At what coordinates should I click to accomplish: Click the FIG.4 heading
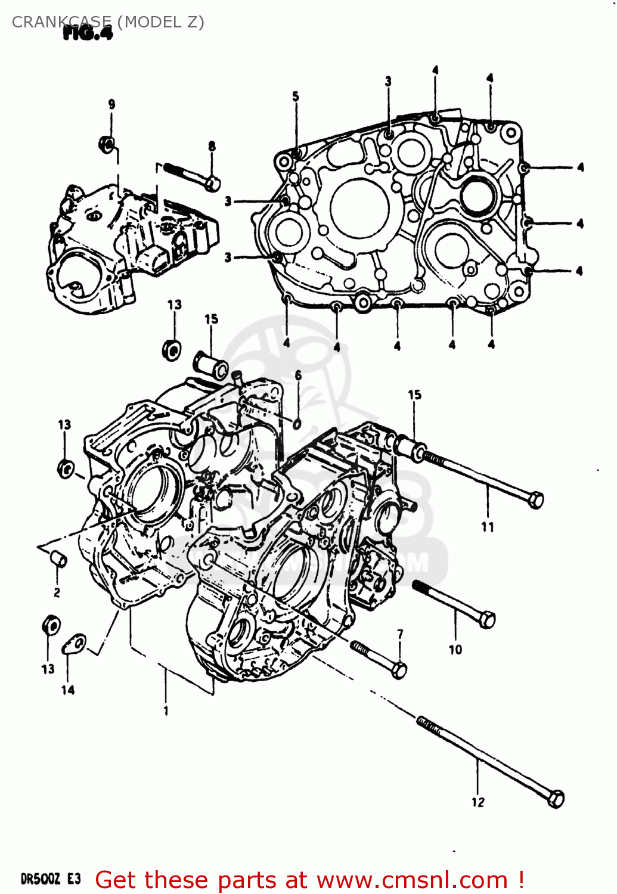[x=88, y=33]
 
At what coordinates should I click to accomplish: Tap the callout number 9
[x=111, y=104]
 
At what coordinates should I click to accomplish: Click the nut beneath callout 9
[x=107, y=144]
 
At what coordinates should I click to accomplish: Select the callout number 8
[x=212, y=147]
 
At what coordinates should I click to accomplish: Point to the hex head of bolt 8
[x=212, y=183]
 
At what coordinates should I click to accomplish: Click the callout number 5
[x=296, y=97]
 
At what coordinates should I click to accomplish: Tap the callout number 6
[x=298, y=375]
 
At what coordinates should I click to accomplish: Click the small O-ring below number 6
[x=297, y=423]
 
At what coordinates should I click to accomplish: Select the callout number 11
[x=488, y=527]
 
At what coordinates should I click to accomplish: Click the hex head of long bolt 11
[x=536, y=499]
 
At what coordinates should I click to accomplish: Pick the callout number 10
[x=455, y=650]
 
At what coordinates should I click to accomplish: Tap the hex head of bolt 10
[x=487, y=620]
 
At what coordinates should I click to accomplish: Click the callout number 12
[x=478, y=802]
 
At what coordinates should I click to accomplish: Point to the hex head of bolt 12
[x=556, y=799]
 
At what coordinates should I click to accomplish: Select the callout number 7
[x=400, y=634]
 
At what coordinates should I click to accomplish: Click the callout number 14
[x=68, y=690]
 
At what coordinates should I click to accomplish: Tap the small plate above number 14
[x=75, y=644]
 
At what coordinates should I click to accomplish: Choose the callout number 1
[x=166, y=710]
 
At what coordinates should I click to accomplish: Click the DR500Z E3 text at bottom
[x=50, y=879]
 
